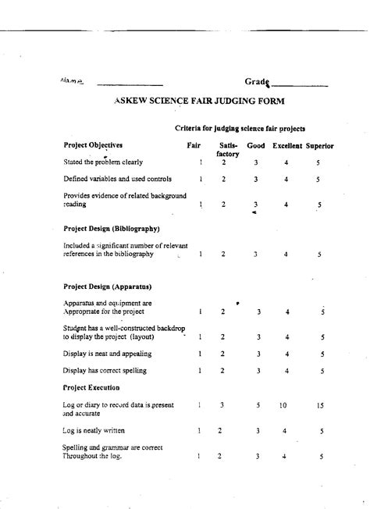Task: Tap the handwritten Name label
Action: point(70,80)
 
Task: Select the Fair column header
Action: point(194,146)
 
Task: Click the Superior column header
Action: point(320,146)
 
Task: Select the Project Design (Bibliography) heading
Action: point(111,229)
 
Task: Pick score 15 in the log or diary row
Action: point(321,406)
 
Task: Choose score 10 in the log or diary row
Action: point(283,406)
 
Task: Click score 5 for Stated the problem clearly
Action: point(318,162)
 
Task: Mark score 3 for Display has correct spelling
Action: point(258,371)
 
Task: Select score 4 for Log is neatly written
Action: point(286,430)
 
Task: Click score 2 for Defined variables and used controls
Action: point(223,179)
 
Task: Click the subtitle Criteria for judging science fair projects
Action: point(239,128)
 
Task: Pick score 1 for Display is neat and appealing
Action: point(201,354)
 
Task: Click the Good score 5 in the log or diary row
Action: point(257,406)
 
